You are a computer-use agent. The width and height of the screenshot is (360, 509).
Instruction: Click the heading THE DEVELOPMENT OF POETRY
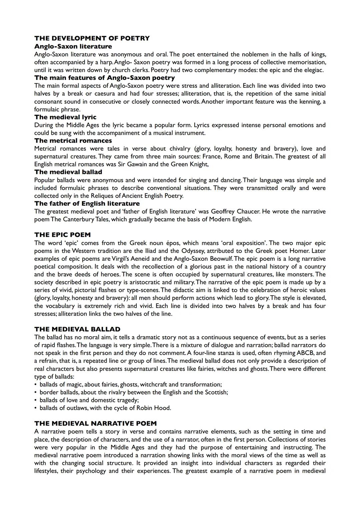click(92, 38)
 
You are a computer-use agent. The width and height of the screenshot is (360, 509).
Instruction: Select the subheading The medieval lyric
click(65, 117)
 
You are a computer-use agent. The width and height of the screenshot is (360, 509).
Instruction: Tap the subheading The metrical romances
click(73, 141)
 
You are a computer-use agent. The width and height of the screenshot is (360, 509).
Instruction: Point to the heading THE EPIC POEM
click(62, 235)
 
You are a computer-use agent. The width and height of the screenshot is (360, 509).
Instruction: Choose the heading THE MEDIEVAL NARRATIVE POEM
click(95, 424)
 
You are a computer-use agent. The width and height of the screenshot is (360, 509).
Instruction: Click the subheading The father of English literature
click(87, 204)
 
